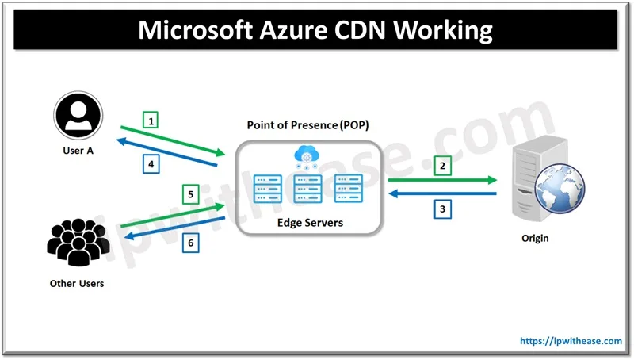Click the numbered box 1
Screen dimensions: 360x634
pyautogui.click(x=151, y=121)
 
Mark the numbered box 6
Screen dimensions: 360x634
pyautogui.click(x=190, y=243)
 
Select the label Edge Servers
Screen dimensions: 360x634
pyautogui.click(x=310, y=223)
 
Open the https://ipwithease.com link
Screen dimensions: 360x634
pyautogui.click(x=571, y=341)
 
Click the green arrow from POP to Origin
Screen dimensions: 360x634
pyautogui.click(x=442, y=181)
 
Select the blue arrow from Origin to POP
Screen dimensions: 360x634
pyautogui.click(x=442, y=193)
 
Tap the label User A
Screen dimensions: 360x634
pyautogui.click(x=78, y=151)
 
